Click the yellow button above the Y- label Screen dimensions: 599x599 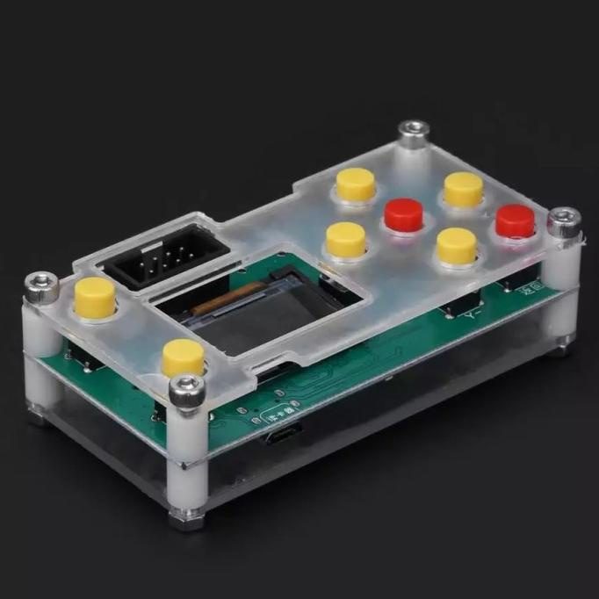pyautogui.click(x=457, y=245)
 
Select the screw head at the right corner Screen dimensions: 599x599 pyautogui.click(x=564, y=217)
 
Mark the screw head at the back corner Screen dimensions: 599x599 pyautogui.click(x=412, y=132)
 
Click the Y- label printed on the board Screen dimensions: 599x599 pyautogui.click(x=475, y=310)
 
